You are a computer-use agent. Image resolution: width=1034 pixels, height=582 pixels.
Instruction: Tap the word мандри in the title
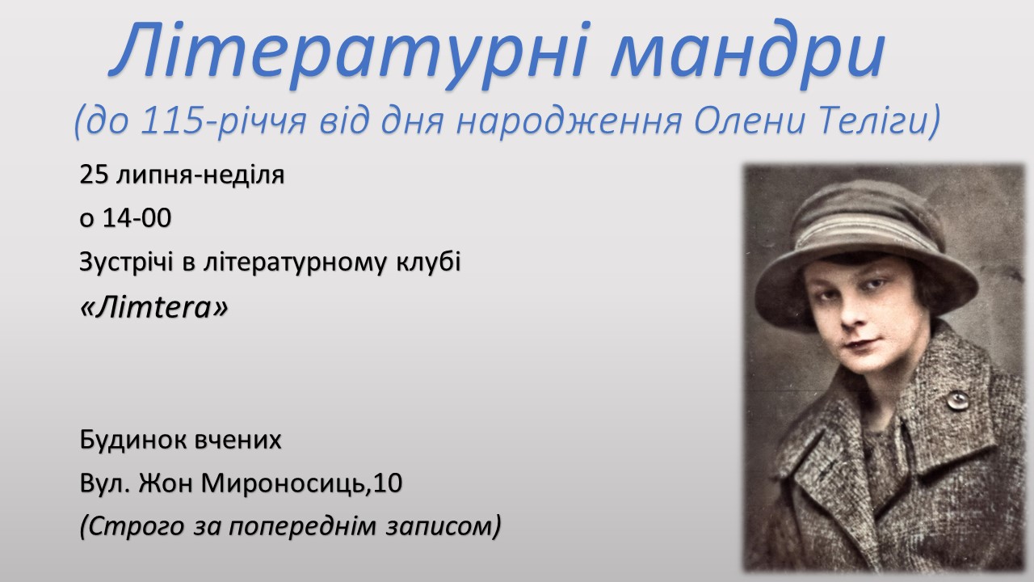[748, 54]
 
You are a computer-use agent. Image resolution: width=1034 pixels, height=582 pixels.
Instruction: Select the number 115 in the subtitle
[172, 120]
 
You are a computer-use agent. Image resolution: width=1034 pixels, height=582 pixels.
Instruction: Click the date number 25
[94, 175]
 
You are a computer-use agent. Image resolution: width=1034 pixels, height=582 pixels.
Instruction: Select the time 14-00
[137, 218]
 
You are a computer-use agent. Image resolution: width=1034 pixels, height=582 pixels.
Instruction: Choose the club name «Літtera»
[153, 307]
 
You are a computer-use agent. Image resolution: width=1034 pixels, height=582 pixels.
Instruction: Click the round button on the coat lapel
[958, 400]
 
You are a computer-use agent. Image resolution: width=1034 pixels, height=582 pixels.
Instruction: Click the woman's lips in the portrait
[857, 344]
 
